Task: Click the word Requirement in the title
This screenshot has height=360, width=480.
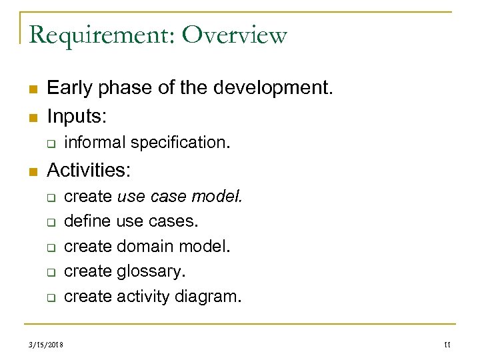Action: (x=101, y=35)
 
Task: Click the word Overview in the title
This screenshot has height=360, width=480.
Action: (x=234, y=35)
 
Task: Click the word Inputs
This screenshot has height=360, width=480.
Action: (x=77, y=117)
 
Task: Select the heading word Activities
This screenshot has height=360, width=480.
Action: (x=89, y=171)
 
